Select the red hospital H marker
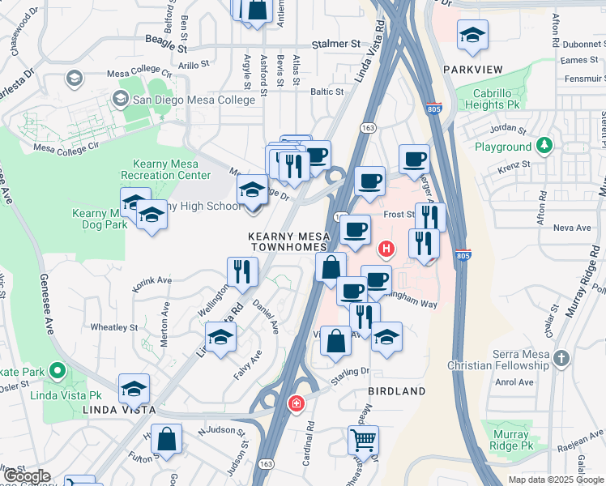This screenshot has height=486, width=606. point(386,248)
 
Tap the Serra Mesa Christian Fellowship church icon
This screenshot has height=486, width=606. point(561,356)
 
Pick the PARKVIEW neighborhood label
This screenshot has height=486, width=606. point(473,70)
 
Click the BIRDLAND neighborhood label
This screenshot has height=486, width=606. point(397,391)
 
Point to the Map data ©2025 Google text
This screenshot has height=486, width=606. point(556,480)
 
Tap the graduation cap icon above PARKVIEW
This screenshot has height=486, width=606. point(472,34)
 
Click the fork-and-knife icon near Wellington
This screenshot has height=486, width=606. point(242,271)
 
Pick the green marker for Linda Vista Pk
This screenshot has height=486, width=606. point(57,372)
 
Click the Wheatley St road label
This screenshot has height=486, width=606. point(113,328)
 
